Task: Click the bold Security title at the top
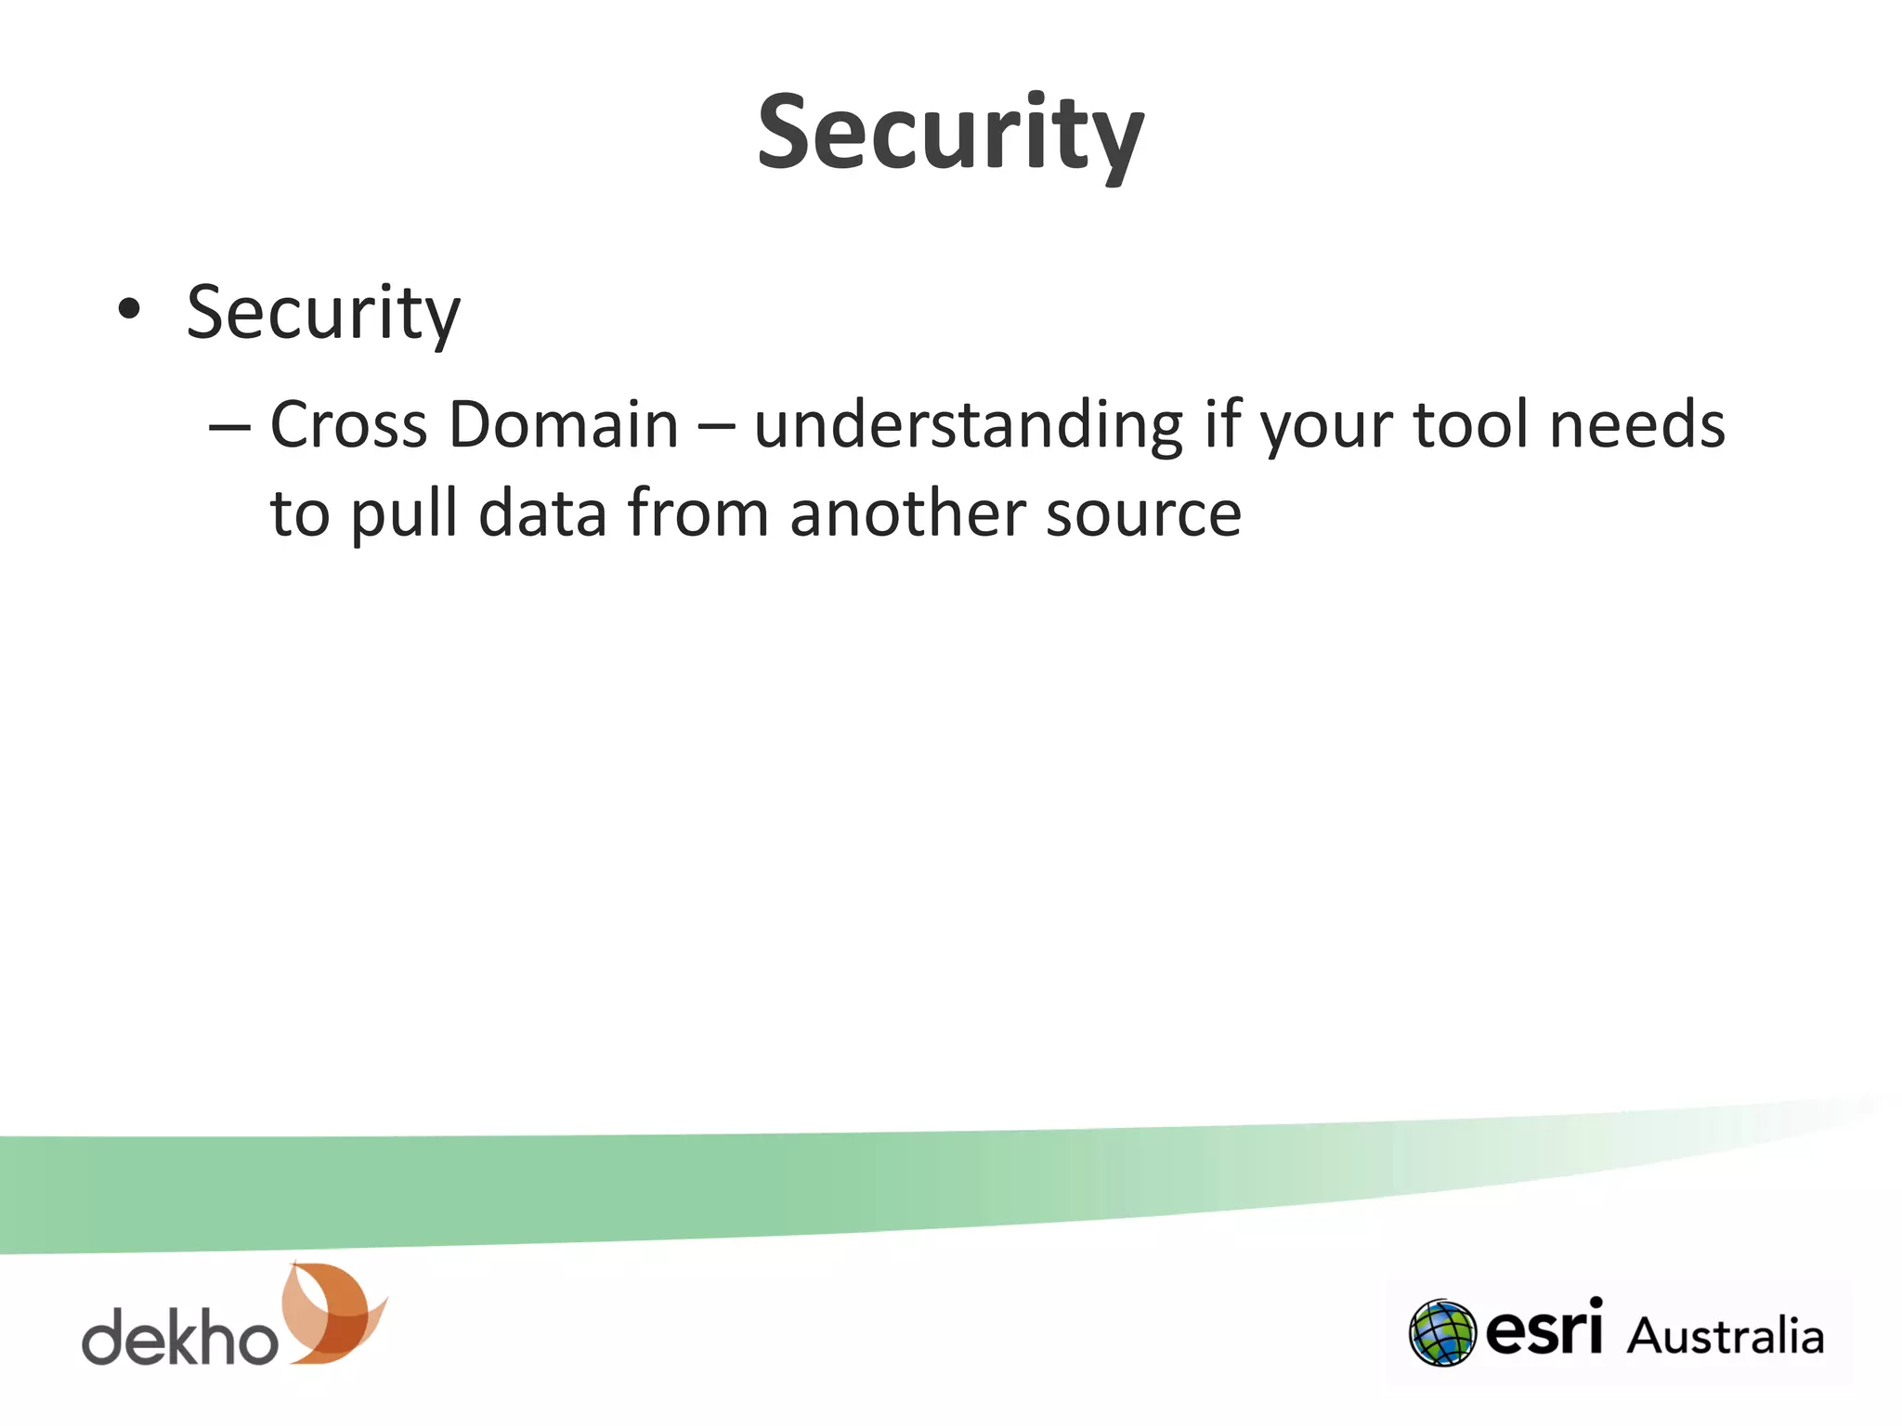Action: click(x=950, y=135)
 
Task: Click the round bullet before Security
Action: click(x=129, y=310)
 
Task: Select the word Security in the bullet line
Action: click(x=323, y=314)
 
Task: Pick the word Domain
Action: click(x=564, y=425)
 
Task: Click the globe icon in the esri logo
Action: click(x=1441, y=1332)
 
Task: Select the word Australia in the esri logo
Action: click(x=1725, y=1336)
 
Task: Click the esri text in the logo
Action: click(x=1544, y=1329)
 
